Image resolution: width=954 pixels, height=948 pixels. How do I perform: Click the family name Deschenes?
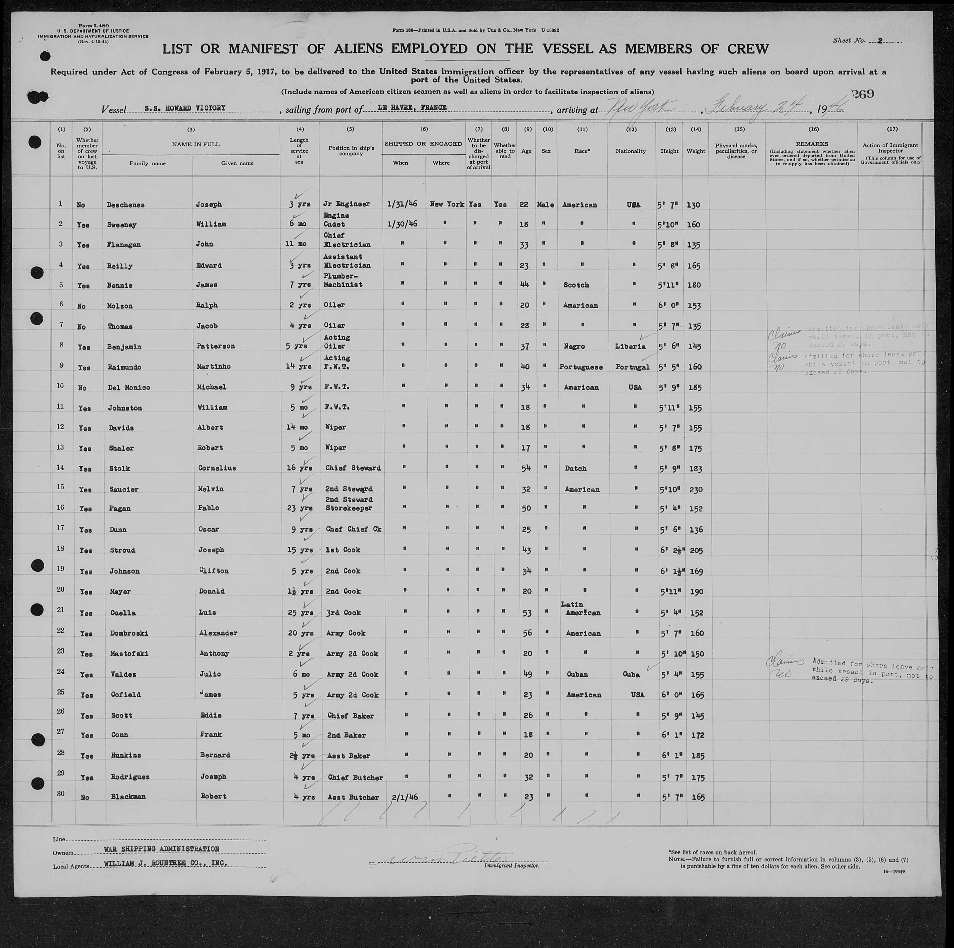126,204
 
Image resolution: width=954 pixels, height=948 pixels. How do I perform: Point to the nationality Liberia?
631,346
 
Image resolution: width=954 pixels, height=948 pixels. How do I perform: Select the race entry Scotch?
576,285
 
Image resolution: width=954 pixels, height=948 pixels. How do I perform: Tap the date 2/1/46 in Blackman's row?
404,797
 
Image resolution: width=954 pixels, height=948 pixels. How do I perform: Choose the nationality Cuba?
631,674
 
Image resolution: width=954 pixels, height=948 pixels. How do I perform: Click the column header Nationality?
631,151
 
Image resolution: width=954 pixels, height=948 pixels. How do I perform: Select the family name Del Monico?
128,387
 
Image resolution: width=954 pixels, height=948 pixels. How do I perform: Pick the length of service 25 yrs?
299,613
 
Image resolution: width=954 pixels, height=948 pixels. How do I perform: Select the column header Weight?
695,151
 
